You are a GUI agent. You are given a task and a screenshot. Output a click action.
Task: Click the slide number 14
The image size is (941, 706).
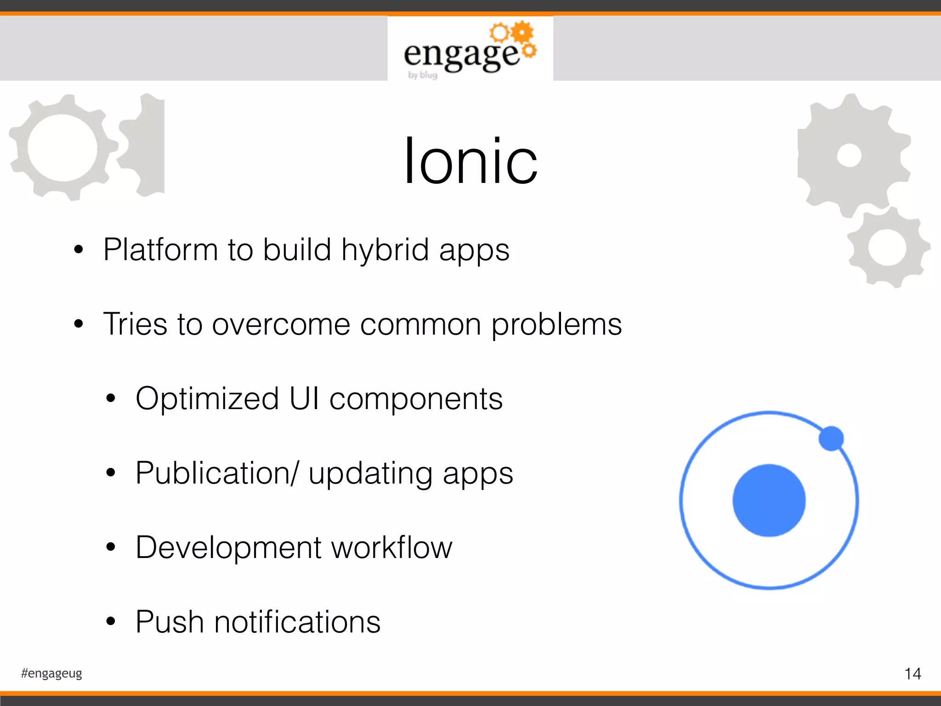pos(913,674)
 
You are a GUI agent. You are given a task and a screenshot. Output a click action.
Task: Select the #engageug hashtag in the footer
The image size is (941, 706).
pos(51,673)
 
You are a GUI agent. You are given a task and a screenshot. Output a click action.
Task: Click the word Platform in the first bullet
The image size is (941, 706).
pos(160,250)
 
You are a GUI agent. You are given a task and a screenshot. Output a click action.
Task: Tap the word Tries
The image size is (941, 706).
pos(135,324)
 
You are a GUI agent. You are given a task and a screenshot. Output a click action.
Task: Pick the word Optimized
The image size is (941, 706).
pos(207,399)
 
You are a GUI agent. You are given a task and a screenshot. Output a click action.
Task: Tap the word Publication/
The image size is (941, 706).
pos(217,473)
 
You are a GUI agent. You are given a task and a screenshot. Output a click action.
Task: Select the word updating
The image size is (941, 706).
pos(370,474)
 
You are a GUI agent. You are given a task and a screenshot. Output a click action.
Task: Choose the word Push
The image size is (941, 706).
pos(170,622)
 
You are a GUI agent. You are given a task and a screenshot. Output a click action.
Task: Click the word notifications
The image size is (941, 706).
pos(297,622)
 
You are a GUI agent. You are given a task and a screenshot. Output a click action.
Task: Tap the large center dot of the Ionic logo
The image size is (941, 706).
pos(769,500)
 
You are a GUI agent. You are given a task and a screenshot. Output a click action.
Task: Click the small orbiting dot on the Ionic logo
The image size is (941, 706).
pos(831,438)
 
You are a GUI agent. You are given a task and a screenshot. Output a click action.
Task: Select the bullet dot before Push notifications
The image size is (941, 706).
pos(110,622)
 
